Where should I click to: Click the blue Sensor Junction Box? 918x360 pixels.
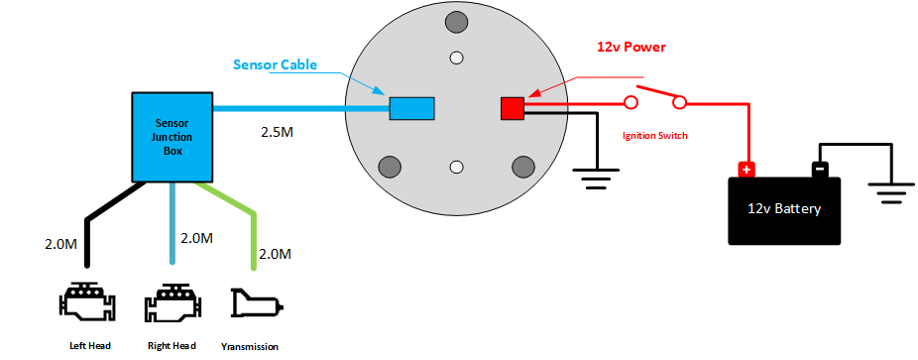tap(172, 137)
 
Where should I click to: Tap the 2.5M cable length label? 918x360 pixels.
tap(277, 132)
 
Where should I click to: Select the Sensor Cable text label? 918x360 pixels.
tap(276, 64)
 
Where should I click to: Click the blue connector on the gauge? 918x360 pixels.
tap(412, 108)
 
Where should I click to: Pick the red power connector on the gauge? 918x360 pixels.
tap(513, 108)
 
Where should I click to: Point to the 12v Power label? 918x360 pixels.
tap(631, 48)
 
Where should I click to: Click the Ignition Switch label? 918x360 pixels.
tap(654, 136)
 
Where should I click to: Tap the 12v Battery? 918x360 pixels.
tap(784, 210)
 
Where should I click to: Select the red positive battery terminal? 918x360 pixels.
tap(746, 170)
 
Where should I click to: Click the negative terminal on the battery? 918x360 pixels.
tap(820, 170)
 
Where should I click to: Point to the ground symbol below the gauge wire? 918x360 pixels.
tap(596, 178)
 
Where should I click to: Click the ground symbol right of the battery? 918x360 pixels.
tap(891, 192)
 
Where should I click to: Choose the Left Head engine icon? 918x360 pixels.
tap(89, 300)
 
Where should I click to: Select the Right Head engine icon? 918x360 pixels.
tap(174, 300)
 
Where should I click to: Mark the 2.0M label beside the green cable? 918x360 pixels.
tap(276, 255)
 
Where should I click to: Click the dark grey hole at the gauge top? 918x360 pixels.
tap(456, 23)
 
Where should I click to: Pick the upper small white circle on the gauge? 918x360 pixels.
tap(456, 58)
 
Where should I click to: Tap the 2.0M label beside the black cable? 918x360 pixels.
tap(60, 244)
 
